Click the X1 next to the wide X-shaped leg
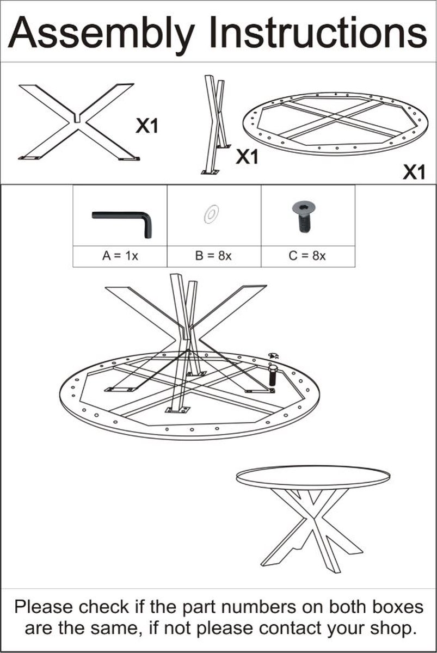(147, 126)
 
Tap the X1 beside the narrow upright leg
(247, 157)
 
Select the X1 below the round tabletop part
(413, 173)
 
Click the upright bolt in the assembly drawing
(272, 376)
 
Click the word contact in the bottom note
(291, 629)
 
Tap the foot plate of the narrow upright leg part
(210, 173)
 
